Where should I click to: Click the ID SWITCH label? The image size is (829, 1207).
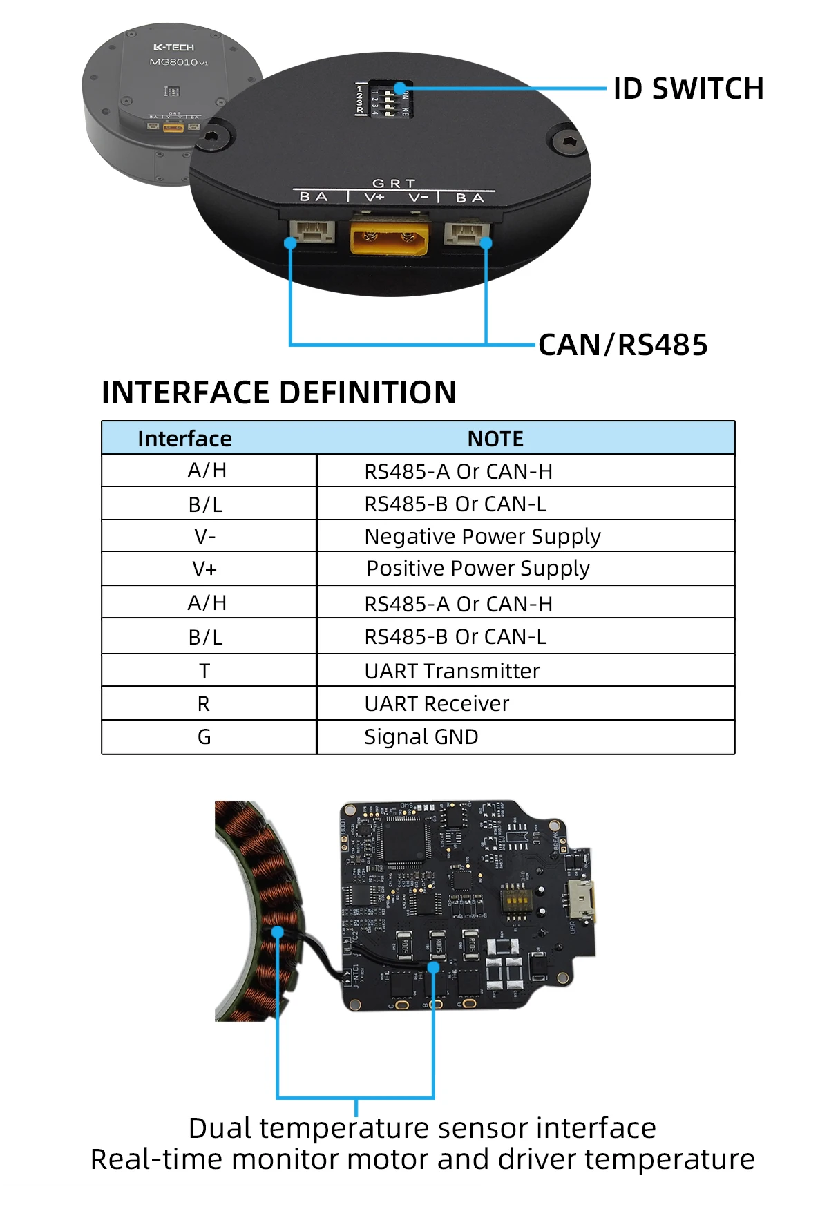(687, 89)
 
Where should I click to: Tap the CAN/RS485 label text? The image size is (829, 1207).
(622, 345)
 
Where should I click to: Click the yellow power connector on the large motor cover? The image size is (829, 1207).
(390, 236)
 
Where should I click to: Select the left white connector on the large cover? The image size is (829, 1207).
(312, 231)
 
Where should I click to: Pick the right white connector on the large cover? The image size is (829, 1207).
(466, 232)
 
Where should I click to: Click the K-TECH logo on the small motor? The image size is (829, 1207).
(173, 47)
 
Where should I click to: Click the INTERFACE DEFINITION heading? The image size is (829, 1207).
(278, 392)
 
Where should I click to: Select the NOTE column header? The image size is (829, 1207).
(495, 439)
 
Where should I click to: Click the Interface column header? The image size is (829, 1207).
(184, 439)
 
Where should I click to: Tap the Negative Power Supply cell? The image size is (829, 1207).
(482, 536)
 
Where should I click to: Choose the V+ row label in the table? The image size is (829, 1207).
(204, 569)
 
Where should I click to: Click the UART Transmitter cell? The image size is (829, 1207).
(452, 671)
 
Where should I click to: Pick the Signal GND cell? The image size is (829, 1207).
(421, 736)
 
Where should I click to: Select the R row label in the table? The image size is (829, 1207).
(203, 703)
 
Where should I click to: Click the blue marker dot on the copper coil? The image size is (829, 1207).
(278, 932)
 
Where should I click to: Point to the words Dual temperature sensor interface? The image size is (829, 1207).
(422, 1128)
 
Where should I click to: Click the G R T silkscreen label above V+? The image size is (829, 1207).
(394, 183)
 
